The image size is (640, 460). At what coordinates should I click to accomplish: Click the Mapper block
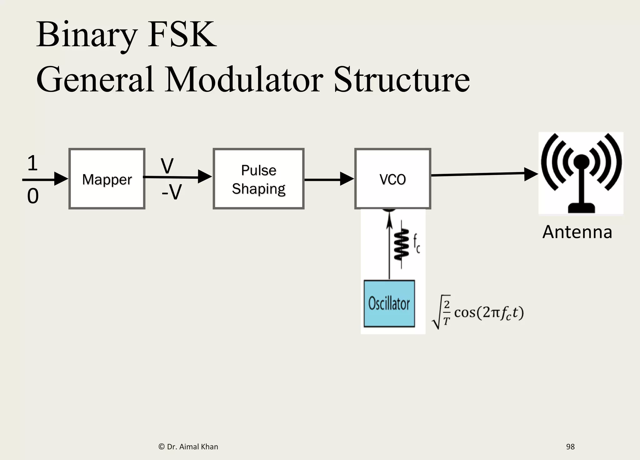[107, 179]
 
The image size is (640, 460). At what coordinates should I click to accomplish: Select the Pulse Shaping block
[258, 179]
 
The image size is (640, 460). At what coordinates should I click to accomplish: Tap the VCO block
[392, 179]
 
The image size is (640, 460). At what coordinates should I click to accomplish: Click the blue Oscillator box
[389, 303]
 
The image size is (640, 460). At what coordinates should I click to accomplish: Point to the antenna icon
[581, 173]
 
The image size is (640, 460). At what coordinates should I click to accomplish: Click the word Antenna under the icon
[577, 232]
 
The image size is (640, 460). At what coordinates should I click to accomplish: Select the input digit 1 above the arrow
[32, 163]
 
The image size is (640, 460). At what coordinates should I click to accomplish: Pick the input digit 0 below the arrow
[33, 196]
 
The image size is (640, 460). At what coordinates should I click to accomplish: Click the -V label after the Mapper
[172, 192]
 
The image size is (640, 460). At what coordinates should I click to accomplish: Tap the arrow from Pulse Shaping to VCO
[329, 179]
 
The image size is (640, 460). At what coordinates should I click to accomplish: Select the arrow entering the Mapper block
[45, 179]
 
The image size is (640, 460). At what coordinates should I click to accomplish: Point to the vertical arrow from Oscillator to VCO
[389, 250]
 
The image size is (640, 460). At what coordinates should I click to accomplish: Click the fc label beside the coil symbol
[417, 244]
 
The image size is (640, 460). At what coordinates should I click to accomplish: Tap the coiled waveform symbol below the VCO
[402, 244]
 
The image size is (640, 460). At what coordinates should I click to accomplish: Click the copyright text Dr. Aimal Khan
[188, 447]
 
